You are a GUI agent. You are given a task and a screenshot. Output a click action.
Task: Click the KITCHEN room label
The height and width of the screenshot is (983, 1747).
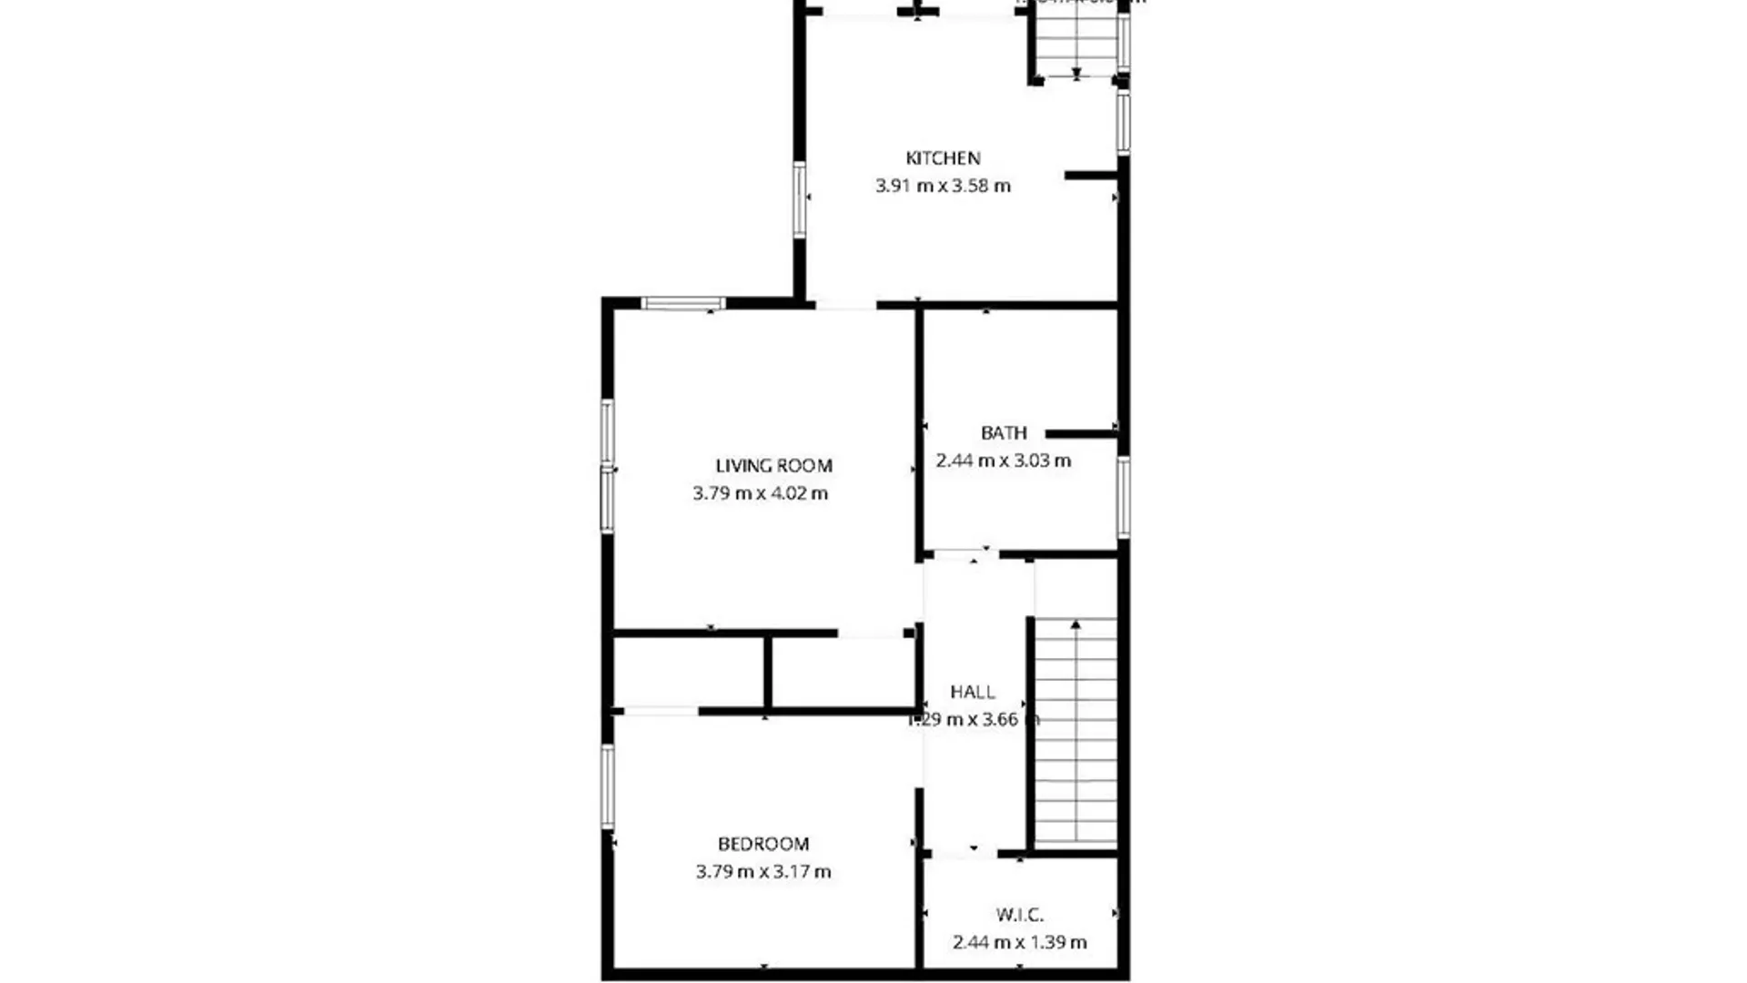pos(943,158)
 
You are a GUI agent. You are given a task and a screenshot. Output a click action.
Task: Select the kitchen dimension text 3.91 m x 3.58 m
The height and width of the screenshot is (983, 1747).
pos(943,186)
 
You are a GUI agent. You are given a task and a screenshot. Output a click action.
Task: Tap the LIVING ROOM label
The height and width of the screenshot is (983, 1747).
pos(773,466)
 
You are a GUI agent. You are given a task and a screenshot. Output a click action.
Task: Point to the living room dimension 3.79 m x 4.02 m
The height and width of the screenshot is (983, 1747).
pos(761,493)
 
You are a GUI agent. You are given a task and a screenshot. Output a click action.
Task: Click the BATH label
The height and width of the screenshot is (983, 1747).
pos(1004,433)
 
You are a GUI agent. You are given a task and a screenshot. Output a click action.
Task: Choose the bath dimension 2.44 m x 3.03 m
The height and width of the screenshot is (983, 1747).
pos(1004,461)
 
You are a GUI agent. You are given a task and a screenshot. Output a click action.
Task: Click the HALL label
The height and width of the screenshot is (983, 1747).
pos(973,692)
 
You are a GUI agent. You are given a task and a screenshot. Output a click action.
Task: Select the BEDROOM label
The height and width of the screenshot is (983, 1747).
pos(763,844)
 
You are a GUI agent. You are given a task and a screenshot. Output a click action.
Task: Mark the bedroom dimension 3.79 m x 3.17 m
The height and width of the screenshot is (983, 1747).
pos(763,872)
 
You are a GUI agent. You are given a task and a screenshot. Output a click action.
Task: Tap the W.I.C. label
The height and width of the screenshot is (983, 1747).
pos(1019,915)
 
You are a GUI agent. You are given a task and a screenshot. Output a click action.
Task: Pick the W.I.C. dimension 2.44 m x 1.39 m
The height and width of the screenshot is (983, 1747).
pos(1019,942)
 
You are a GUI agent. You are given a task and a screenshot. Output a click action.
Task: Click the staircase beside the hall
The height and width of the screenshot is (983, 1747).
pos(1075,733)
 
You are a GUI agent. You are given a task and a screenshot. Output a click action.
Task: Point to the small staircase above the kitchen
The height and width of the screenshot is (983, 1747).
pos(1076,42)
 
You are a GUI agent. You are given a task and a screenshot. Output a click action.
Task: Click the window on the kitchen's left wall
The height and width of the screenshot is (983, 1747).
pos(799,199)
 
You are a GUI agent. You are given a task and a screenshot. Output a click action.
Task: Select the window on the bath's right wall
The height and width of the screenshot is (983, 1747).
pos(1124,497)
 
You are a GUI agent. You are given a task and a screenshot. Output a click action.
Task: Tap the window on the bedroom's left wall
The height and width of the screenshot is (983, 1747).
pos(607,786)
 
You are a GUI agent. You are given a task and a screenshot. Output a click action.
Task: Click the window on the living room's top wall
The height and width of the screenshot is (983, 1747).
pos(683,303)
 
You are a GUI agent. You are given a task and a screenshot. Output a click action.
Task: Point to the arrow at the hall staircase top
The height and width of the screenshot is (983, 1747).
pos(1075,624)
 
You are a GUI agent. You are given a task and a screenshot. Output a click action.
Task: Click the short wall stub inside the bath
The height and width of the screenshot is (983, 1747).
pos(1081,434)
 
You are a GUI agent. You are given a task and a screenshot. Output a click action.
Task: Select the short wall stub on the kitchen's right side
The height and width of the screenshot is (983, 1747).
pos(1090,175)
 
